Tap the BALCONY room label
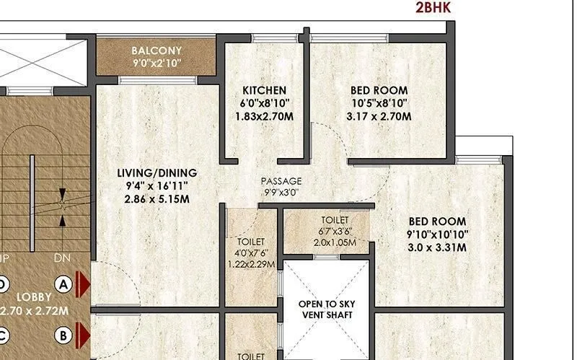(x=157, y=51)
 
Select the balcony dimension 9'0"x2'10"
(x=157, y=63)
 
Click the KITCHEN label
(x=264, y=90)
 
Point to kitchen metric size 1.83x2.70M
(x=264, y=116)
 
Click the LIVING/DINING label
(x=157, y=173)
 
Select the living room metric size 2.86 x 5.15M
(x=157, y=199)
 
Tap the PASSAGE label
(x=281, y=181)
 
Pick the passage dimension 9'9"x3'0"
(x=281, y=193)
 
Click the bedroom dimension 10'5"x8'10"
(x=379, y=103)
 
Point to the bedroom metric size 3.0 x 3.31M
(x=437, y=247)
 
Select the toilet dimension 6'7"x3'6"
(x=335, y=231)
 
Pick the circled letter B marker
(x=63, y=335)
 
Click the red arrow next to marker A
(x=83, y=284)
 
